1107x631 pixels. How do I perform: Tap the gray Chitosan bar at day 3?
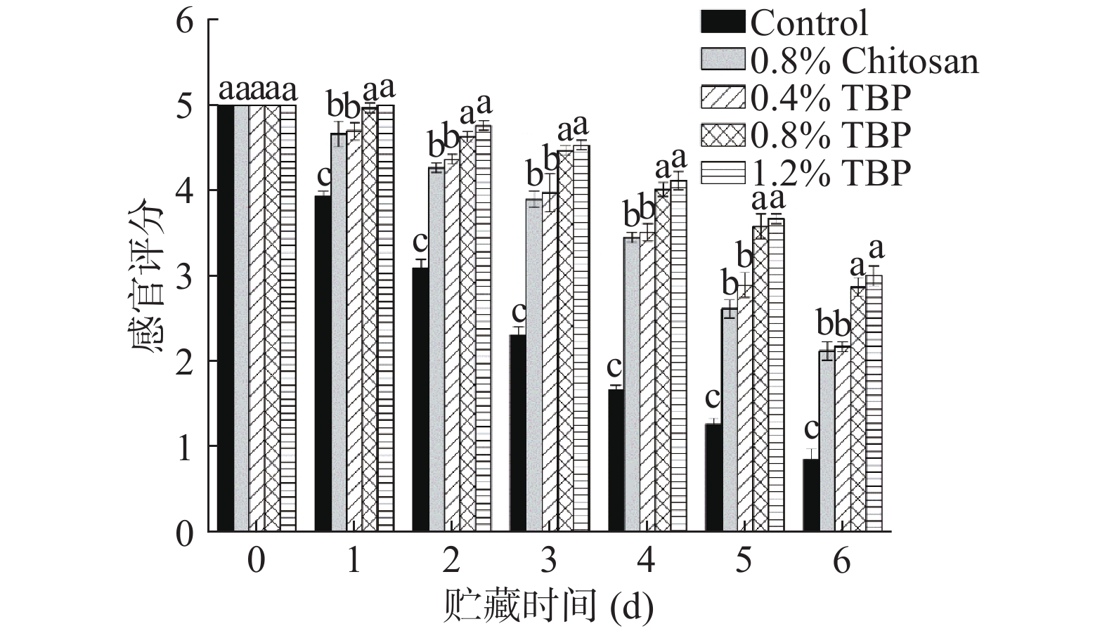pos(534,365)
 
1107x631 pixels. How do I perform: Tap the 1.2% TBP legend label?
pos(831,172)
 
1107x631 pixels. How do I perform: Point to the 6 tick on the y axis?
pos(184,22)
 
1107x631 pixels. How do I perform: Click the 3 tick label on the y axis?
pos(184,276)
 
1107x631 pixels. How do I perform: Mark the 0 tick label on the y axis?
pos(184,533)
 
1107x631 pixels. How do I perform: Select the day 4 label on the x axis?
pos(645,561)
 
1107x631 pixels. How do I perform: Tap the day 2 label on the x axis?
pos(451,561)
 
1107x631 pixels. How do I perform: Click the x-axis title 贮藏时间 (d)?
pos(548,606)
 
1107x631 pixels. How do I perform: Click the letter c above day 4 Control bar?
pos(614,367)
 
